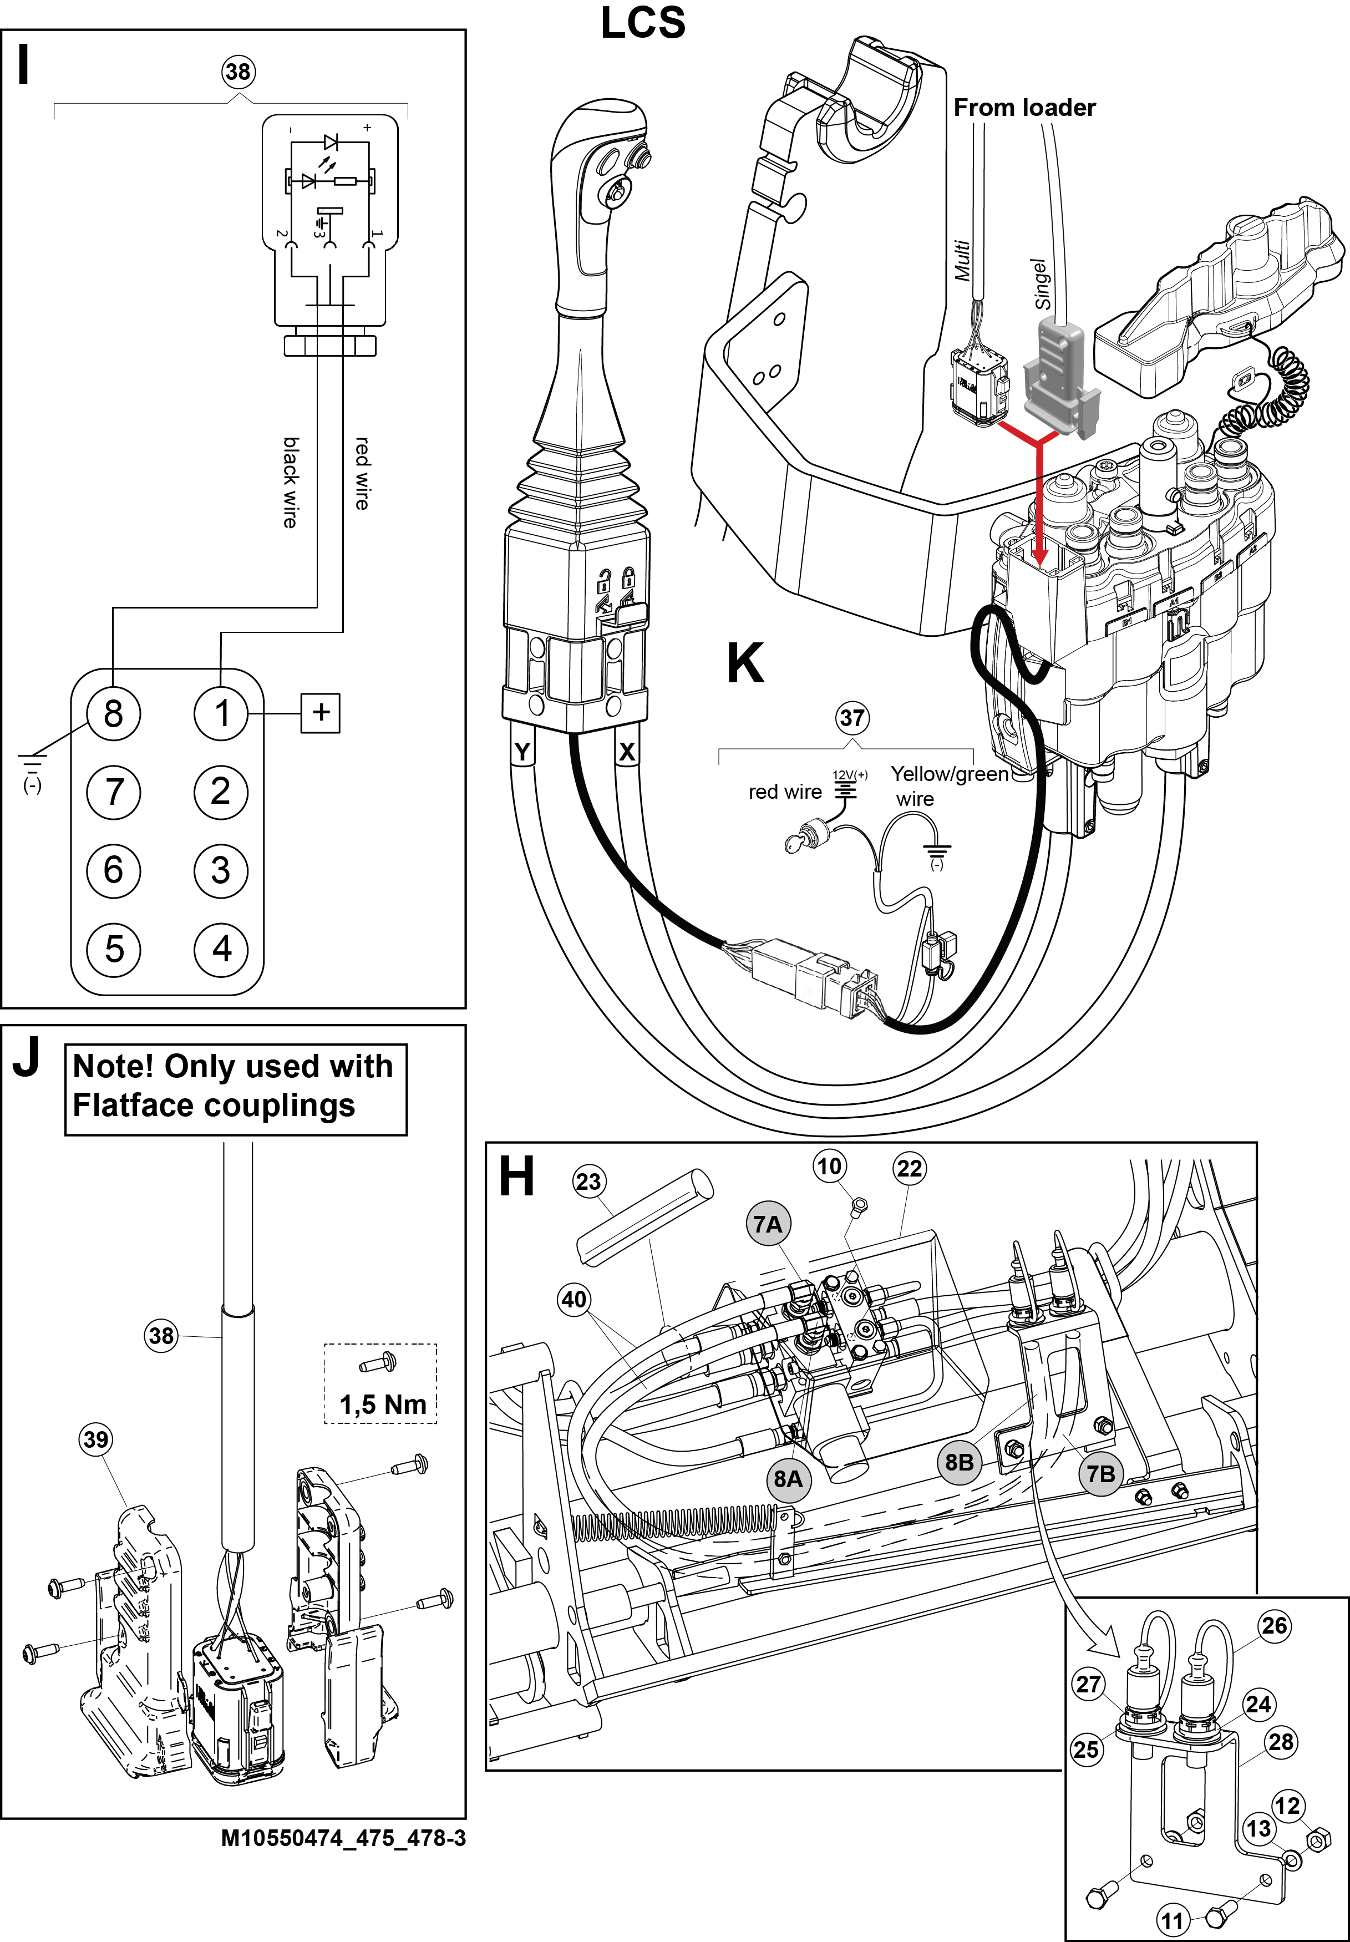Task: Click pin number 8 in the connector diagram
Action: click(113, 713)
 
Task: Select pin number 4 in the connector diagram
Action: click(221, 948)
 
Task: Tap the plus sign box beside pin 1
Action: click(321, 712)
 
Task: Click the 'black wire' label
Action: click(290, 482)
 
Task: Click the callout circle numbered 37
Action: click(852, 718)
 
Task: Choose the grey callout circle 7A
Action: click(767, 1224)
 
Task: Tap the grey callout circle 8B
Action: click(959, 1462)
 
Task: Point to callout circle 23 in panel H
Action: click(588, 1182)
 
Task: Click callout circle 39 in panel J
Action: click(95, 1439)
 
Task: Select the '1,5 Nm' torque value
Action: click(382, 1405)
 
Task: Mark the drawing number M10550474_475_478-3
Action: click(343, 1837)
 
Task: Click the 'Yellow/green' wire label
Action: click(949, 774)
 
